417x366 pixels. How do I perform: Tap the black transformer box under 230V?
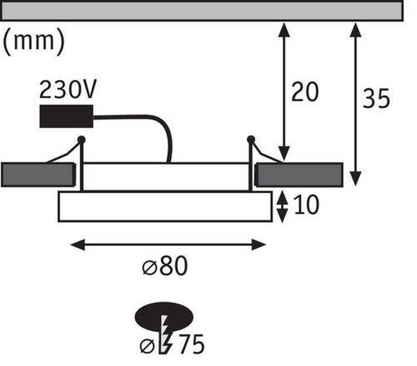point(66,116)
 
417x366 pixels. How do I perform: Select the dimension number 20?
point(304,93)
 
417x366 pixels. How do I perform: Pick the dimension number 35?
point(376,98)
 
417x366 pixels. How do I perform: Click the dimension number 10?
point(306,205)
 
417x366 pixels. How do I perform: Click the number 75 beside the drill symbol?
point(190,344)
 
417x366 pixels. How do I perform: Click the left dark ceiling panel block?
point(38,174)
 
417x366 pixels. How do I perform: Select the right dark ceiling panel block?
point(299,174)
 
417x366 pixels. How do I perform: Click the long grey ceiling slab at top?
point(202,11)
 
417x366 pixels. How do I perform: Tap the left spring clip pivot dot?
point(81,140)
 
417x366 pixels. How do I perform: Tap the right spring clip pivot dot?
point(250,140)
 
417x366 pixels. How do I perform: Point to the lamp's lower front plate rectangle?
point(165,207)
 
